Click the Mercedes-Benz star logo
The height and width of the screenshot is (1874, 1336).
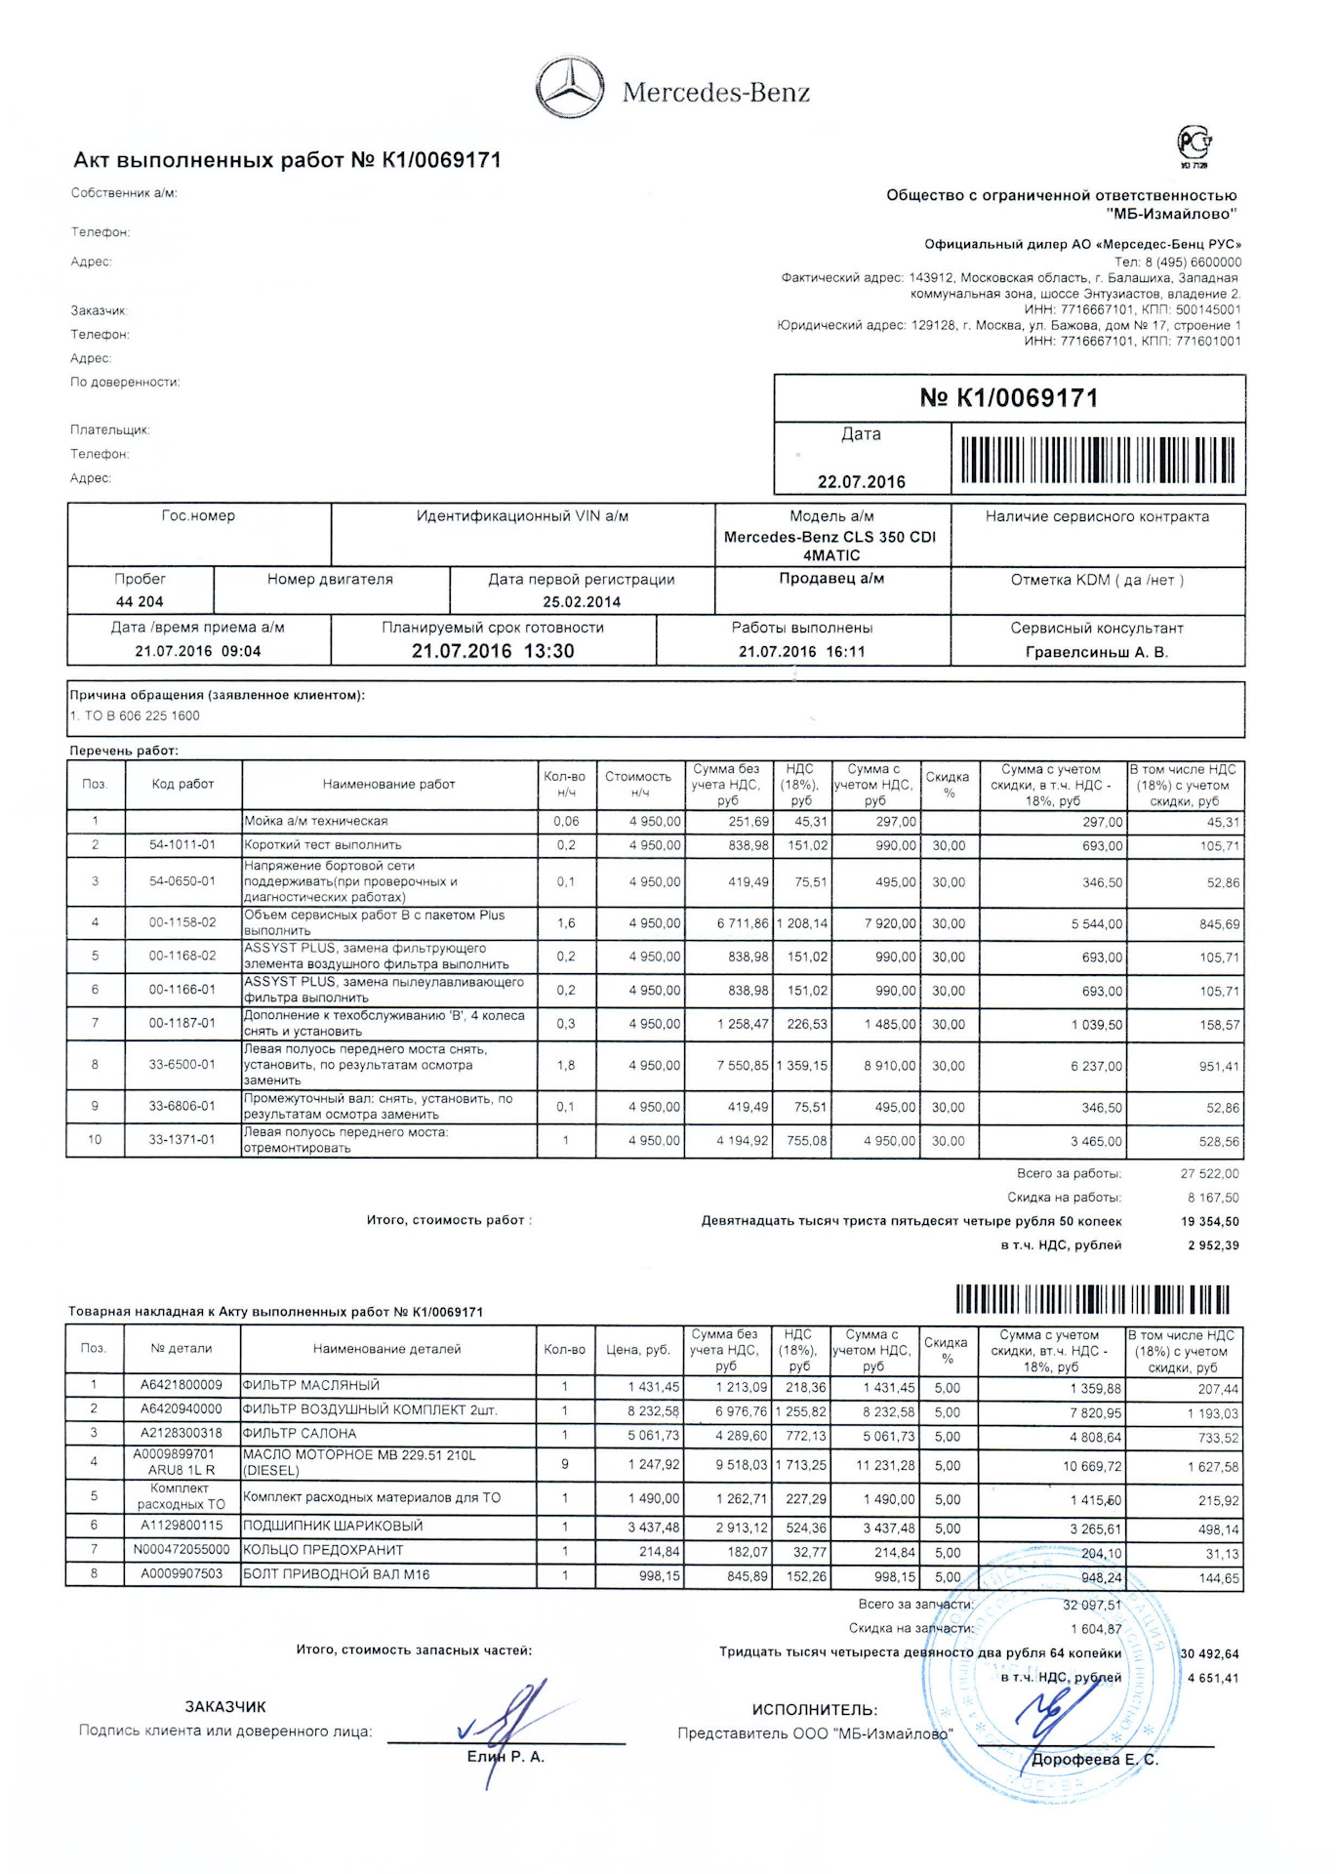(571, 89)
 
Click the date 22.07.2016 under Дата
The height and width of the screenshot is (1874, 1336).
(861, 481)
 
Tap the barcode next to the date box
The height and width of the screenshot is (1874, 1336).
(1097, 460)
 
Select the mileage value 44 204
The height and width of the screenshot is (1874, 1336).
(140, 601)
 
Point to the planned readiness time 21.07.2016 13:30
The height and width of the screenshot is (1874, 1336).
(492, 651)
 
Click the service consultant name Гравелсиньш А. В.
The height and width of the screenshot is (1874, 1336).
(1096, 652)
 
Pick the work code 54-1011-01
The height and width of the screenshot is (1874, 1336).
(182, 845)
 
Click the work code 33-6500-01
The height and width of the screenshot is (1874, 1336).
(182, 1065)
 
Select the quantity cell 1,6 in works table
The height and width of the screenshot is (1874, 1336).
(566, 923)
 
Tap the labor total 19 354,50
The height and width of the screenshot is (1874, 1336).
(1209, 1221)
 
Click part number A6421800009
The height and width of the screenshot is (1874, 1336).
(182, 1385)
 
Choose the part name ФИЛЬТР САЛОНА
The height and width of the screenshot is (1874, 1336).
(300, 1434)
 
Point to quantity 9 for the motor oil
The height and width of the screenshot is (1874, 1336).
(564, 1464)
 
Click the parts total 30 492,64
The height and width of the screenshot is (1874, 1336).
(1209, 1653)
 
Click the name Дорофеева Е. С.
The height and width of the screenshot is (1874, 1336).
(1094, 1760)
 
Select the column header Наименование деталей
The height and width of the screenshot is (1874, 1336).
(386, 1349)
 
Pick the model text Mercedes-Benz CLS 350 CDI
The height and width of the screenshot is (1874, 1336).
(830, 537)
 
